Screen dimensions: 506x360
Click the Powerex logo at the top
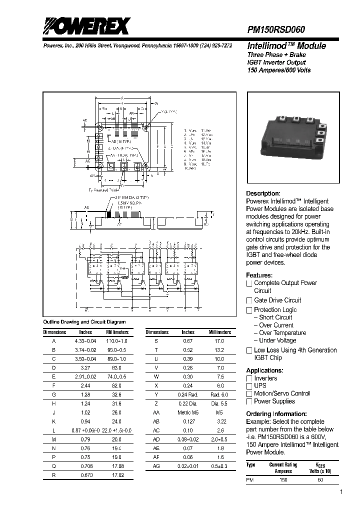pos(86,25)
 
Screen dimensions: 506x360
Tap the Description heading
pos(263,193)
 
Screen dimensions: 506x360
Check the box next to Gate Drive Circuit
pos(249,300)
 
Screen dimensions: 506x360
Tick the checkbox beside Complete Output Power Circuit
pos(249,283)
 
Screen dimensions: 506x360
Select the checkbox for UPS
pos(249,386)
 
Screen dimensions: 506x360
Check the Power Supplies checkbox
pos(249,401)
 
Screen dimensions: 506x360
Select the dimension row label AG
pos(155,466)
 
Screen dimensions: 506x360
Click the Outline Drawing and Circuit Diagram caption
pos(84,322)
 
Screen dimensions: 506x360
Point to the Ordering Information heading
pos(276,414)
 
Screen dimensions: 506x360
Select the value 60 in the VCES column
pos(320,480)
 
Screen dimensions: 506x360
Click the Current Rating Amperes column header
pos(283,467)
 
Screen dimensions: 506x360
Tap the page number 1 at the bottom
pos(341,493)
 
